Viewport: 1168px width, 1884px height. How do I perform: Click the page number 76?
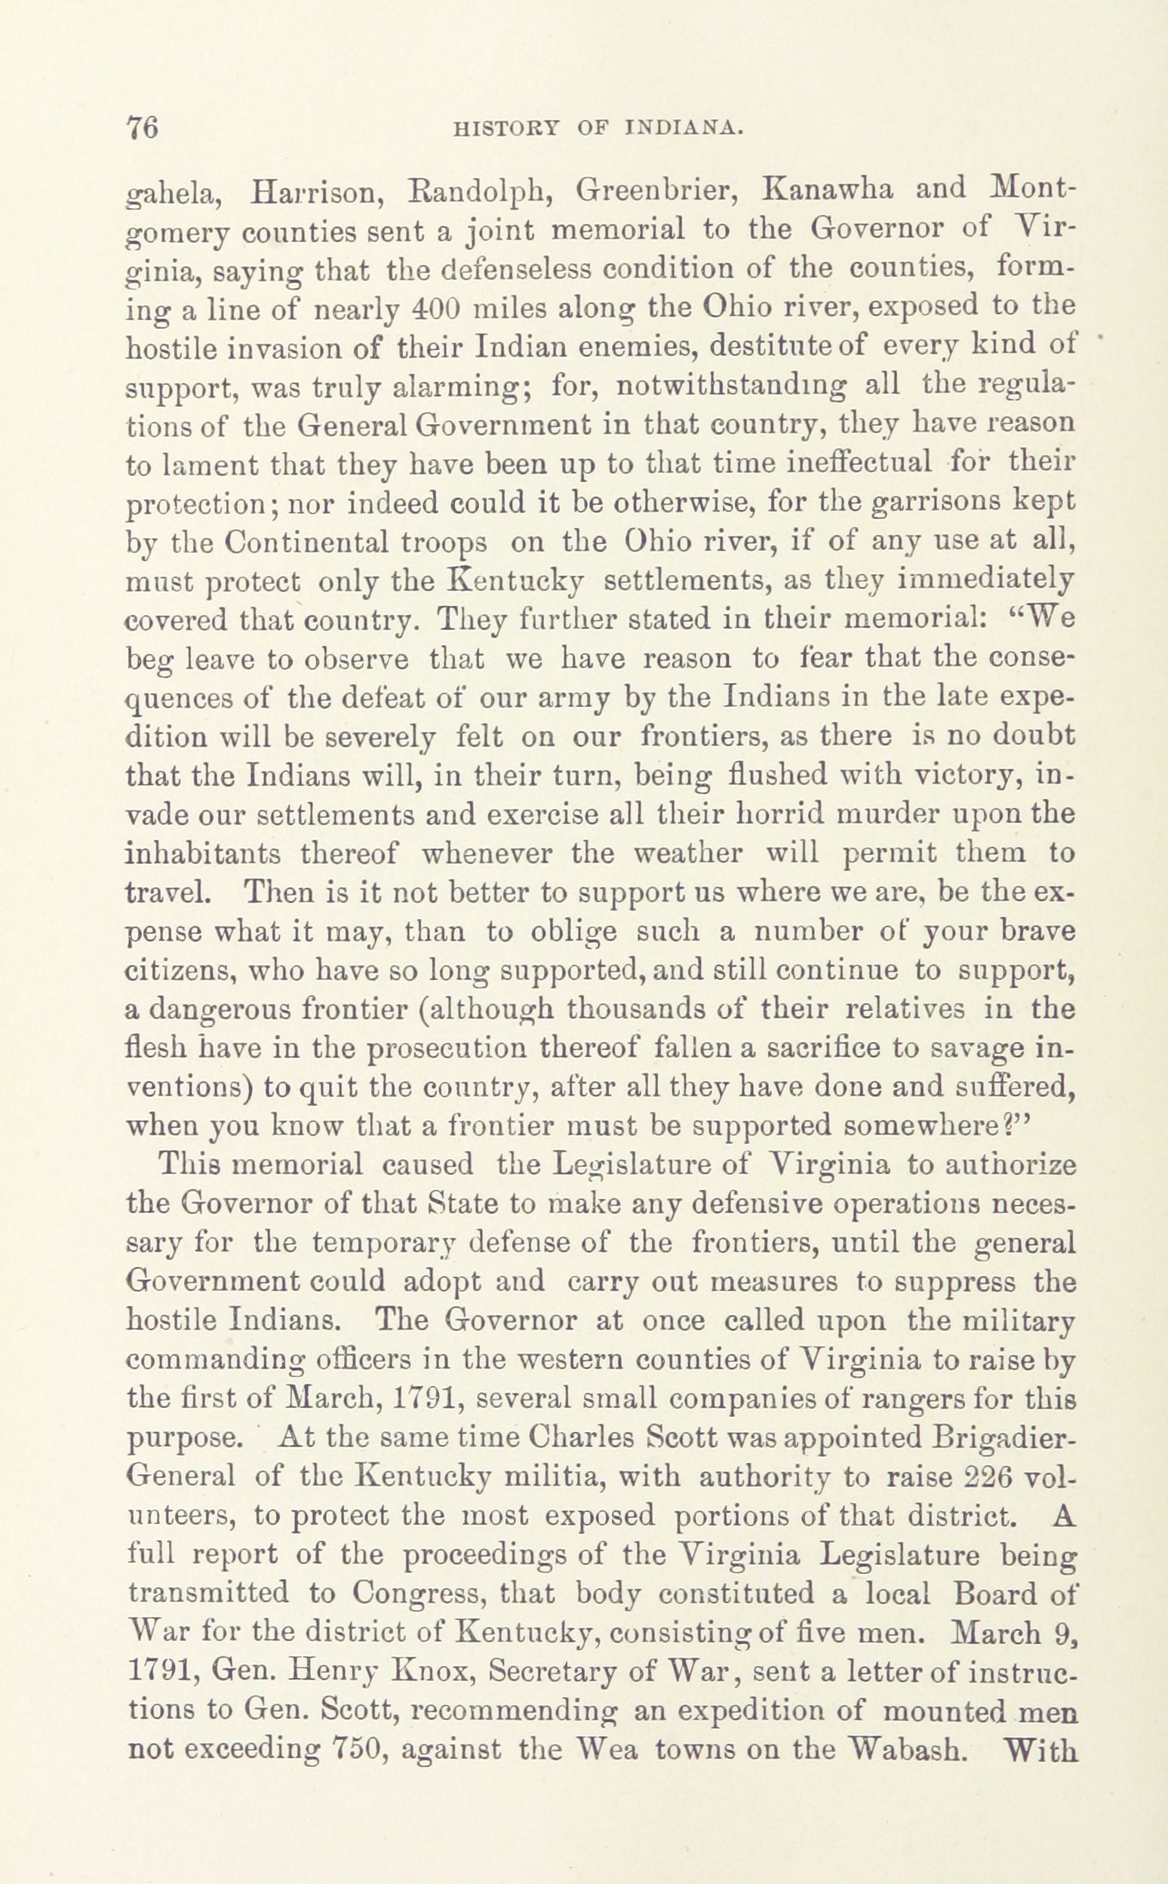[x=141, y=127]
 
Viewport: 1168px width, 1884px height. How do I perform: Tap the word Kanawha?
[x=821, y=190]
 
